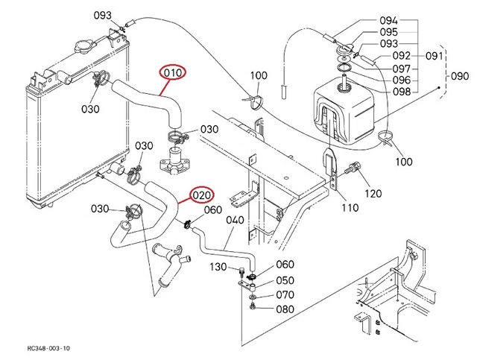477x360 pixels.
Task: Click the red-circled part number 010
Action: [173, 73]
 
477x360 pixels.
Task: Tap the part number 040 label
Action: [234, 221]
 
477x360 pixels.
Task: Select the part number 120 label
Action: [372, 193]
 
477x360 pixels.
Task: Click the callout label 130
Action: [218, 266]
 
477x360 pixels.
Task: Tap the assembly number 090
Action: [460, 76]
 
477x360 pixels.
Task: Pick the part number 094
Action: [388, 20]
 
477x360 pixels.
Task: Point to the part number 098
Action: [402, 92]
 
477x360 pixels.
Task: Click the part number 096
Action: [402, 80]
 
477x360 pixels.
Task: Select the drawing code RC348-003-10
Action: [48, 348]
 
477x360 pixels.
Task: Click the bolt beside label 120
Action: [355, 169]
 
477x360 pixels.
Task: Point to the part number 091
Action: [435, 56]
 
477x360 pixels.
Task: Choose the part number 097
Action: [402, 68]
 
